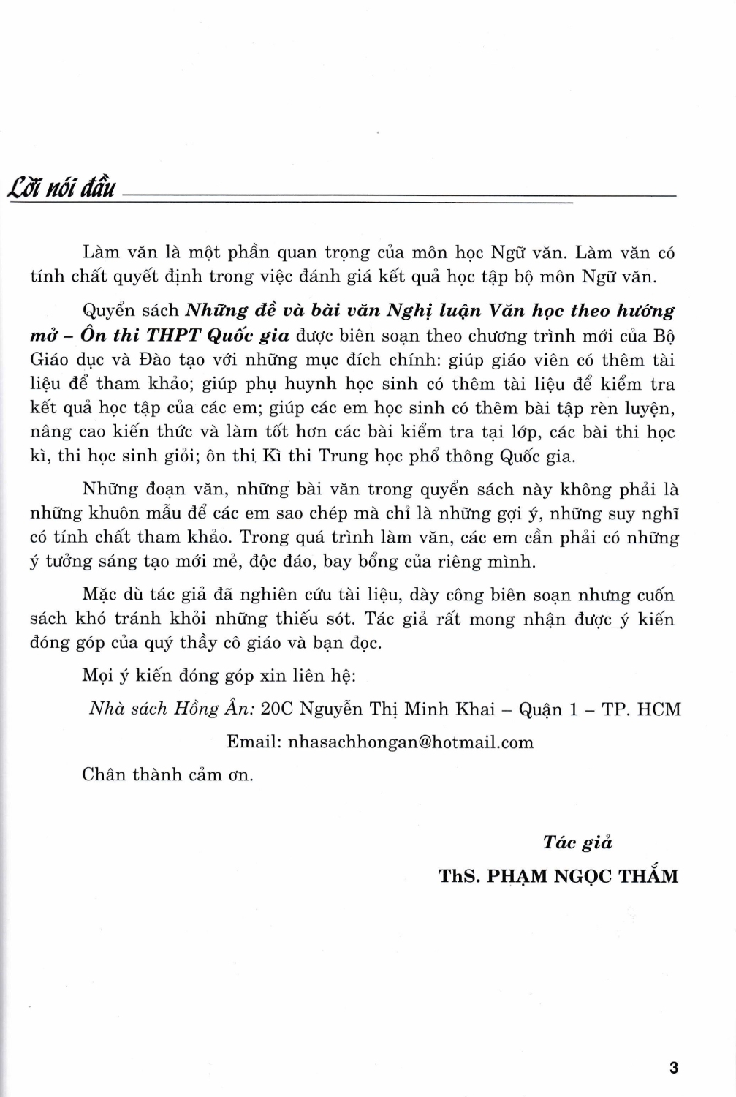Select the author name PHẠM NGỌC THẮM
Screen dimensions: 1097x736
(x=582, y=876)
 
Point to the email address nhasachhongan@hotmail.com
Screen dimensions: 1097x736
(x=411, y=742)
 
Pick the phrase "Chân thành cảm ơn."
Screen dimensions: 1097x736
(x=167, y=774)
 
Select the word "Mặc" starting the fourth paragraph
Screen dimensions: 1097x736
(x=100, y=595)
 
